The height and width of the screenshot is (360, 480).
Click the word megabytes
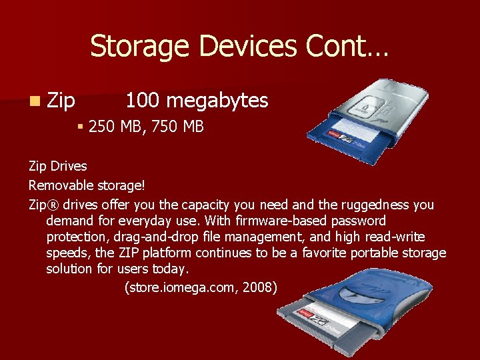[217, 101]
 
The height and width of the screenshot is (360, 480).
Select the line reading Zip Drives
[58, 165]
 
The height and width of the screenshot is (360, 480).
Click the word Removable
[59, 181]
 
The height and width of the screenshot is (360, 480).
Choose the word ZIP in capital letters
[128, 253]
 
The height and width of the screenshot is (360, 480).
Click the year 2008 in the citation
[259, 287]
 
